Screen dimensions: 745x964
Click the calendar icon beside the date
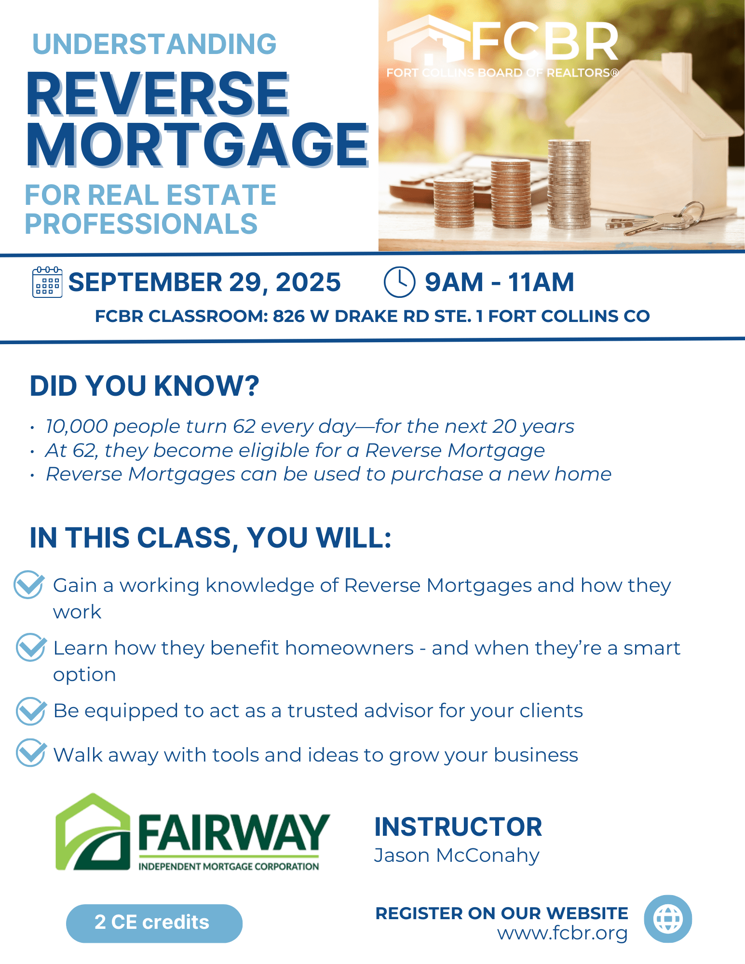point(47,282)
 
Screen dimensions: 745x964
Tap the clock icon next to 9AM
point(399,282)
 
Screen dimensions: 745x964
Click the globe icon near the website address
point(668,919)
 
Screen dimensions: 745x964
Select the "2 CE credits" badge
point(154,923)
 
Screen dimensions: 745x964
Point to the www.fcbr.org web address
point(562,934)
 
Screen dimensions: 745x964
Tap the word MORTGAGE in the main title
point(198,144)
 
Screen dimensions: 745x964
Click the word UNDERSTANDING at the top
point(154,44)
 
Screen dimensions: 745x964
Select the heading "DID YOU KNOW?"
point(145,386)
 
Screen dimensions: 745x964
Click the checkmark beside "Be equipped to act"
point(31,711)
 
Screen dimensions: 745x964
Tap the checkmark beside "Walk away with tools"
point(31,752)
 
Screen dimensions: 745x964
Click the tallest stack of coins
point(569,185)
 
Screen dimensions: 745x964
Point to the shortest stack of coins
point(454,203)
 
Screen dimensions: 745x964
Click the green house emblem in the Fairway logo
point(93,832)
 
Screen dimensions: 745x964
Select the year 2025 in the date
point(308,282)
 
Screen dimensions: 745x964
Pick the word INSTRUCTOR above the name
point(459,827)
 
